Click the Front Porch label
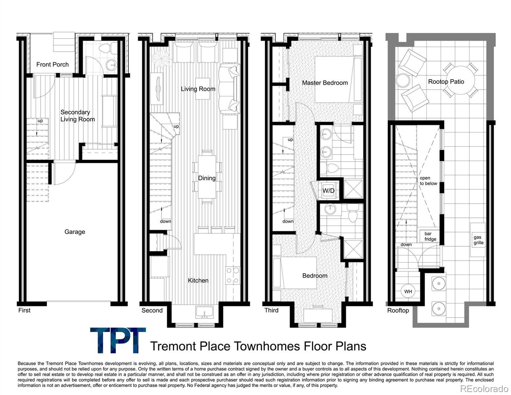coord(52,65)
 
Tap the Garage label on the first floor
coord(75,232)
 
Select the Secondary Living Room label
coord(77,116)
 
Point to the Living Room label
coord(198,89)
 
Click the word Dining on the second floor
coord(207,178)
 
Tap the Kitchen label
coord(198,280)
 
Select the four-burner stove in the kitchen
coord(233,275)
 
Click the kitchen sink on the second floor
coord(204,312)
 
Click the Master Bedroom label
coord(325,83)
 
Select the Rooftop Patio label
coord(446,82)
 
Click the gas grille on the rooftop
coord(478,240)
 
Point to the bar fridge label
coord(430,236)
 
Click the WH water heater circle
coord(408,291)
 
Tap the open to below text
coord(428,181)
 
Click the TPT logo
coord(118,340)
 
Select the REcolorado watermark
coord(484,388)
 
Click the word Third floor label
coord(271,310)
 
